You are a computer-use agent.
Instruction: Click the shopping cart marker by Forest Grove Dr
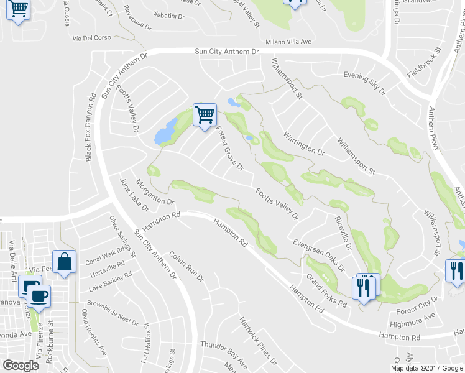point(205,116)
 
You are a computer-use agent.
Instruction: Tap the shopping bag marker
point(64,263)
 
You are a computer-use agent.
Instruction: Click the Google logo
point(21,365)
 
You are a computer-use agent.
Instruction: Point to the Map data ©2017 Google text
point(427,368)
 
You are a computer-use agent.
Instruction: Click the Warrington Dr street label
point(304,143)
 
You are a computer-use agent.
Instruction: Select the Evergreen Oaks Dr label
point(319,255)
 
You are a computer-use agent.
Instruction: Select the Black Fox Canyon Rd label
point(90,127)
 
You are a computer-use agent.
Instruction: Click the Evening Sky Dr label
point(365,83)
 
